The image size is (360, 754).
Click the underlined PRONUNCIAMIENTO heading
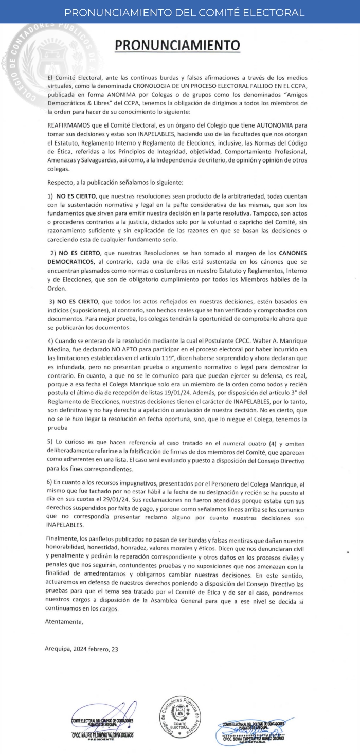(x=177, y=45)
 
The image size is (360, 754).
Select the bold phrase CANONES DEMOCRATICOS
(x=288, y=254)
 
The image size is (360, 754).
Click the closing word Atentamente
(x=63, y=622)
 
